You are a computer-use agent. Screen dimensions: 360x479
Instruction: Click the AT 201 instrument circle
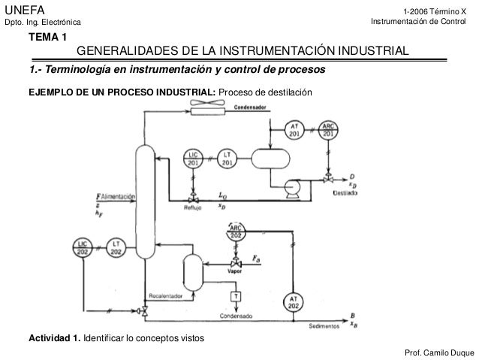[294, 129]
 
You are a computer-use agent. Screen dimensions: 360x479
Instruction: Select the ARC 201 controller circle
[328, 129]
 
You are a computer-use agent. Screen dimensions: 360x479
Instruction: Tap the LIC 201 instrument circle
[193, 159]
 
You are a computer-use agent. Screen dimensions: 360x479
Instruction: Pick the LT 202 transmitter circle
[116, 247]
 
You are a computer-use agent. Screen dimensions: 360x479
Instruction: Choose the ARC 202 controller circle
[236, 231]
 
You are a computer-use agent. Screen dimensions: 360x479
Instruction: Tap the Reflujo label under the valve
[194, 211]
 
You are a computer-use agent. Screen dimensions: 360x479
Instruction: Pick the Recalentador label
[165, 295]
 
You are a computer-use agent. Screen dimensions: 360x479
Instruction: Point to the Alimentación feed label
[118, 196]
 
